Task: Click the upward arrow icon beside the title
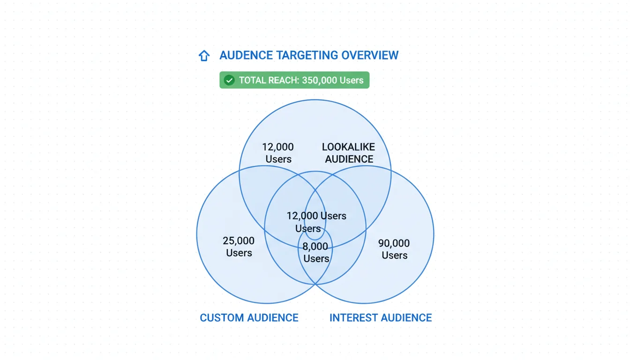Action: (204, 56)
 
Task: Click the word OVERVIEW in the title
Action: (370, 55)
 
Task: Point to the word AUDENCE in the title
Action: (246, 55)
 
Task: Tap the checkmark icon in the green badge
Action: (229, 80)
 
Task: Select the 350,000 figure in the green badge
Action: (319, 80)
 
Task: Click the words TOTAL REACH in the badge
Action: (268, 80)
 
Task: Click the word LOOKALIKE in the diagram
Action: (348, 147)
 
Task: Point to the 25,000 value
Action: (239, 241)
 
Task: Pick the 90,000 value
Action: (394, 243)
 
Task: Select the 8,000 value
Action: (315, 247)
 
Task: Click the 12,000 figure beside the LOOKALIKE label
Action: (278, 147)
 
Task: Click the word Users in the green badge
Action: (352, 80)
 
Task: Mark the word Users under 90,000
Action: (394, 255)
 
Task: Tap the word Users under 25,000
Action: (239, 253)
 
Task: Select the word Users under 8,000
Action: (316, 259)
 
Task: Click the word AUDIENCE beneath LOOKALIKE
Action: (349, 159)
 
